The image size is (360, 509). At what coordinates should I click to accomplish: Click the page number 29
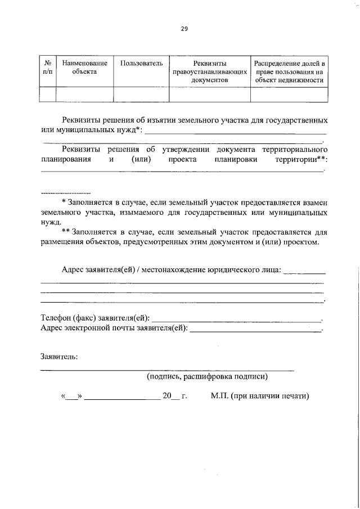184,30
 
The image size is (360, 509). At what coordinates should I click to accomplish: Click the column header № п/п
47,67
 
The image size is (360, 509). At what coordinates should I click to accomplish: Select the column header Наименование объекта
84,67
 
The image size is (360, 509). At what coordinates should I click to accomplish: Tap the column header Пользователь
141,64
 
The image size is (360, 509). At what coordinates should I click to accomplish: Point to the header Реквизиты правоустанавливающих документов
210,71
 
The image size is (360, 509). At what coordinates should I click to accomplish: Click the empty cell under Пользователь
141,95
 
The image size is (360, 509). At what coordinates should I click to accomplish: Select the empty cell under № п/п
47,95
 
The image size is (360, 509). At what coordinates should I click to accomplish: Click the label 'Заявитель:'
60,356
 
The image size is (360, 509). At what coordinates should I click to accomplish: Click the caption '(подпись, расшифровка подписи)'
206,376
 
